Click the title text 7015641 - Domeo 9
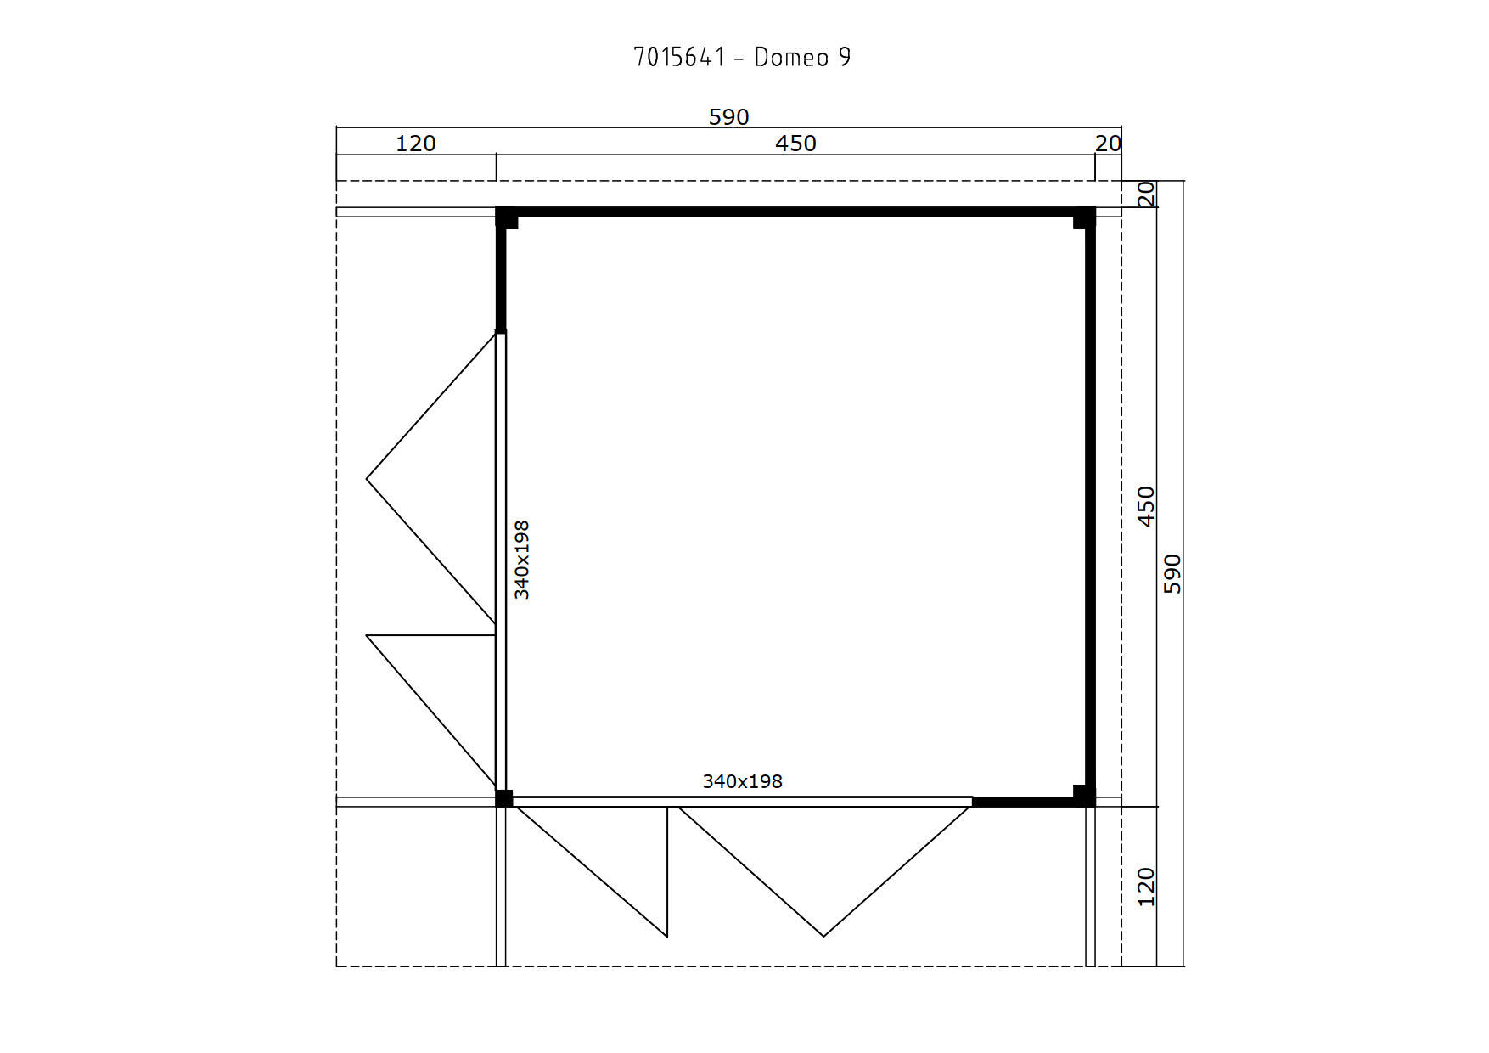pos(742,57)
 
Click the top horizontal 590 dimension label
pos(728,116)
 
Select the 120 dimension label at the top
pos(415,144)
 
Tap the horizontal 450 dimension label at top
pos(795,144)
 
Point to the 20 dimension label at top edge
pos(1108,144)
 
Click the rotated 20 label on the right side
pos(1146,194)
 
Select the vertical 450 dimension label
pos(1146,506)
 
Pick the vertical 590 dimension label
pos(1172,573)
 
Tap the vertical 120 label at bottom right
pos(1146,887)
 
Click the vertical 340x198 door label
pos(522,560)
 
